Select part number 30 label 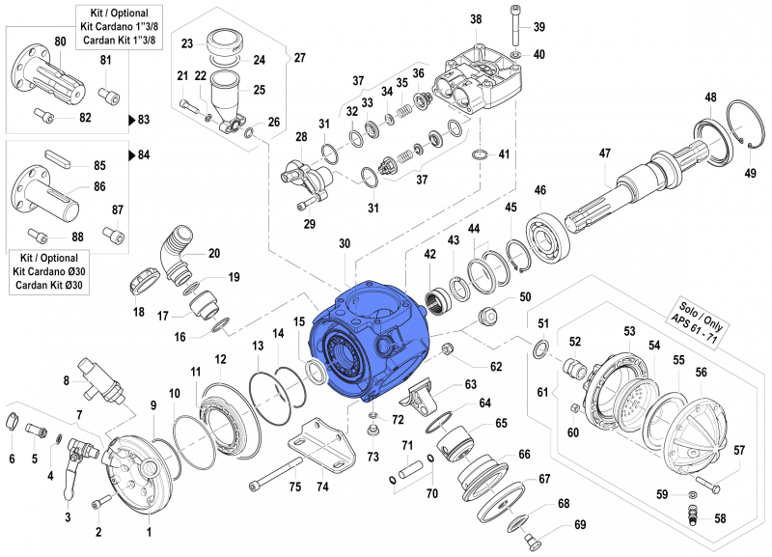(345, 245)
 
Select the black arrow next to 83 (132, 121)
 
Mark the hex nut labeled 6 (14, 421)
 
